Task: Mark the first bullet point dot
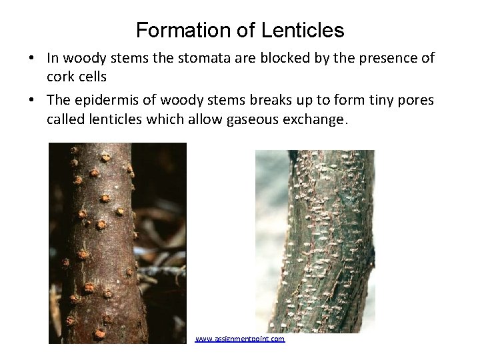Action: click(x=32, y=59)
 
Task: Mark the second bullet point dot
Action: click(x=32, y=100)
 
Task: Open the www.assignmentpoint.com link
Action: click(x=240, y=339)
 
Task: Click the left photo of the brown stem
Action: click(x=117, y=243)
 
